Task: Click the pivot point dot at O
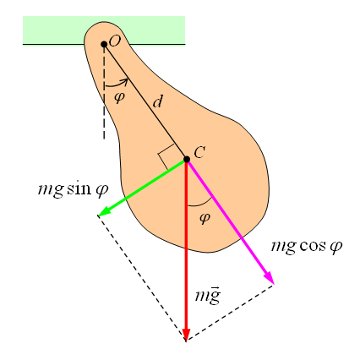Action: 104,44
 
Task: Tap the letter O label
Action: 115,41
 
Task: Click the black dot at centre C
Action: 187,160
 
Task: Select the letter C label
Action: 199,153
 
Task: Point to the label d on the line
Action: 158,101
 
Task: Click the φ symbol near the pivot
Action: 119,97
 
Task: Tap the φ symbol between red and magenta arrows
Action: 205,218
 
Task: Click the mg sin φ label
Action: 73,189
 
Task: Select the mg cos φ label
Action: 307,247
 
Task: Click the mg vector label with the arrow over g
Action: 208,296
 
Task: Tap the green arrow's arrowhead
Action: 103,211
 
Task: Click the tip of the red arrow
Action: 186,341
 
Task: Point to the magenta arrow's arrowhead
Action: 269,277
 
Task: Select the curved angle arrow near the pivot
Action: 117,84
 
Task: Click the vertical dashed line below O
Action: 104,91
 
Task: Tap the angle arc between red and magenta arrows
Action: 200,204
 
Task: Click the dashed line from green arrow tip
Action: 142,278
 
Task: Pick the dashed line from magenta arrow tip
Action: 230,313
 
